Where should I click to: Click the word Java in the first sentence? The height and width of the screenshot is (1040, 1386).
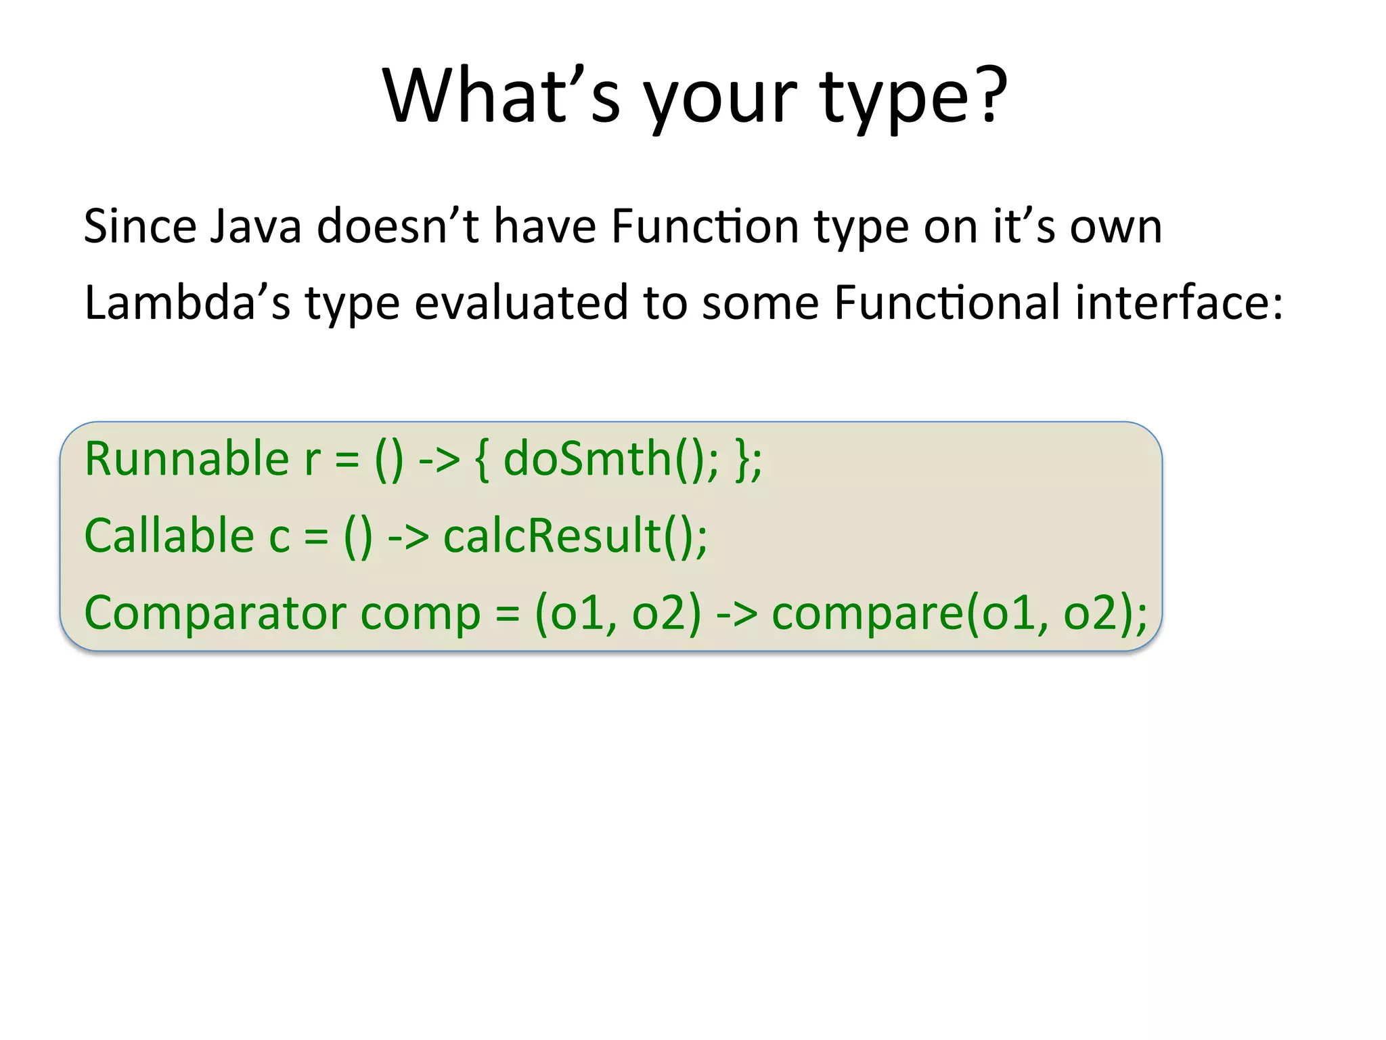point(255,226)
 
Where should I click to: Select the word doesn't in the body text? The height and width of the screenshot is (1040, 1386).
point(398,226)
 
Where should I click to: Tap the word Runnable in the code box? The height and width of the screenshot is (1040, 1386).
point(187,459)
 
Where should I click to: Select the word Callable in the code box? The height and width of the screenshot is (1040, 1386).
point(169,536)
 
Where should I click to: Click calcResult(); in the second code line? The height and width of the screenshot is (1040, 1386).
point(575,536)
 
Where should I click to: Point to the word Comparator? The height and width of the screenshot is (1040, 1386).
point(215,613)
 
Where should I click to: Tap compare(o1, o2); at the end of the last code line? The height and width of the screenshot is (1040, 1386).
point(960,613)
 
